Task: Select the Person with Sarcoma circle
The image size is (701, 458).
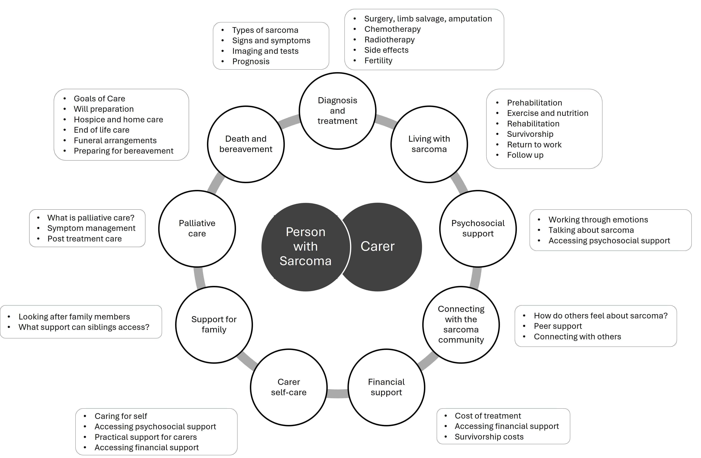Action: (305, 247)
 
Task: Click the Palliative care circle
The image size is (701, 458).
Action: (197, 228)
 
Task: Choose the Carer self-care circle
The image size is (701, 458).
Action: (289, 387)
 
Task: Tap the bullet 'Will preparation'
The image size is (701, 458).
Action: (104, 109)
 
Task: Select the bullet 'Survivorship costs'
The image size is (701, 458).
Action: (489, 437)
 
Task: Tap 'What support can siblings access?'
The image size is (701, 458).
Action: (84, 327)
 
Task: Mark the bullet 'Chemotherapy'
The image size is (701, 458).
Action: (392, 29)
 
